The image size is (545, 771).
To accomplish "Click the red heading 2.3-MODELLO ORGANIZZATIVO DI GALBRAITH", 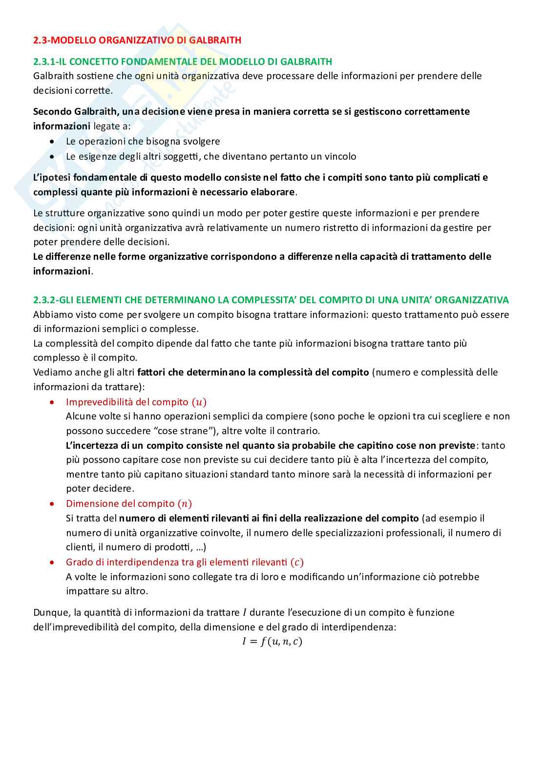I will (137, 40).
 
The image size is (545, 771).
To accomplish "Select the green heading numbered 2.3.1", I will (183, 62).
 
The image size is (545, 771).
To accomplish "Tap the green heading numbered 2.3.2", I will (271, 300).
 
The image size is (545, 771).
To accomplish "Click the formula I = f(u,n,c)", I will (272, 642).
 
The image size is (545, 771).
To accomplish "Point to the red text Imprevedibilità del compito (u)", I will (136, 402).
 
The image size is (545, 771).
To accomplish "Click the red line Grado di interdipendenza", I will (185, 562).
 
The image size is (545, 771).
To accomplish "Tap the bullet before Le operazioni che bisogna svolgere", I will (53, 142).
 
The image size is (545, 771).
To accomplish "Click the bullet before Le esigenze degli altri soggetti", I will (53, 157).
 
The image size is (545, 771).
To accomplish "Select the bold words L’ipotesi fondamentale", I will (84, 177).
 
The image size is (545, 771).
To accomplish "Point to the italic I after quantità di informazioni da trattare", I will (244, 613).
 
